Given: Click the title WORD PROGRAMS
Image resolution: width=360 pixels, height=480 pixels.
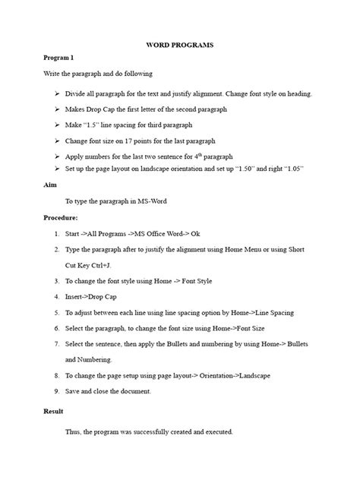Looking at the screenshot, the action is click(180, 46).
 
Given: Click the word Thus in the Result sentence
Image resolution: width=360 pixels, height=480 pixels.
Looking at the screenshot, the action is click(74, 432).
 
